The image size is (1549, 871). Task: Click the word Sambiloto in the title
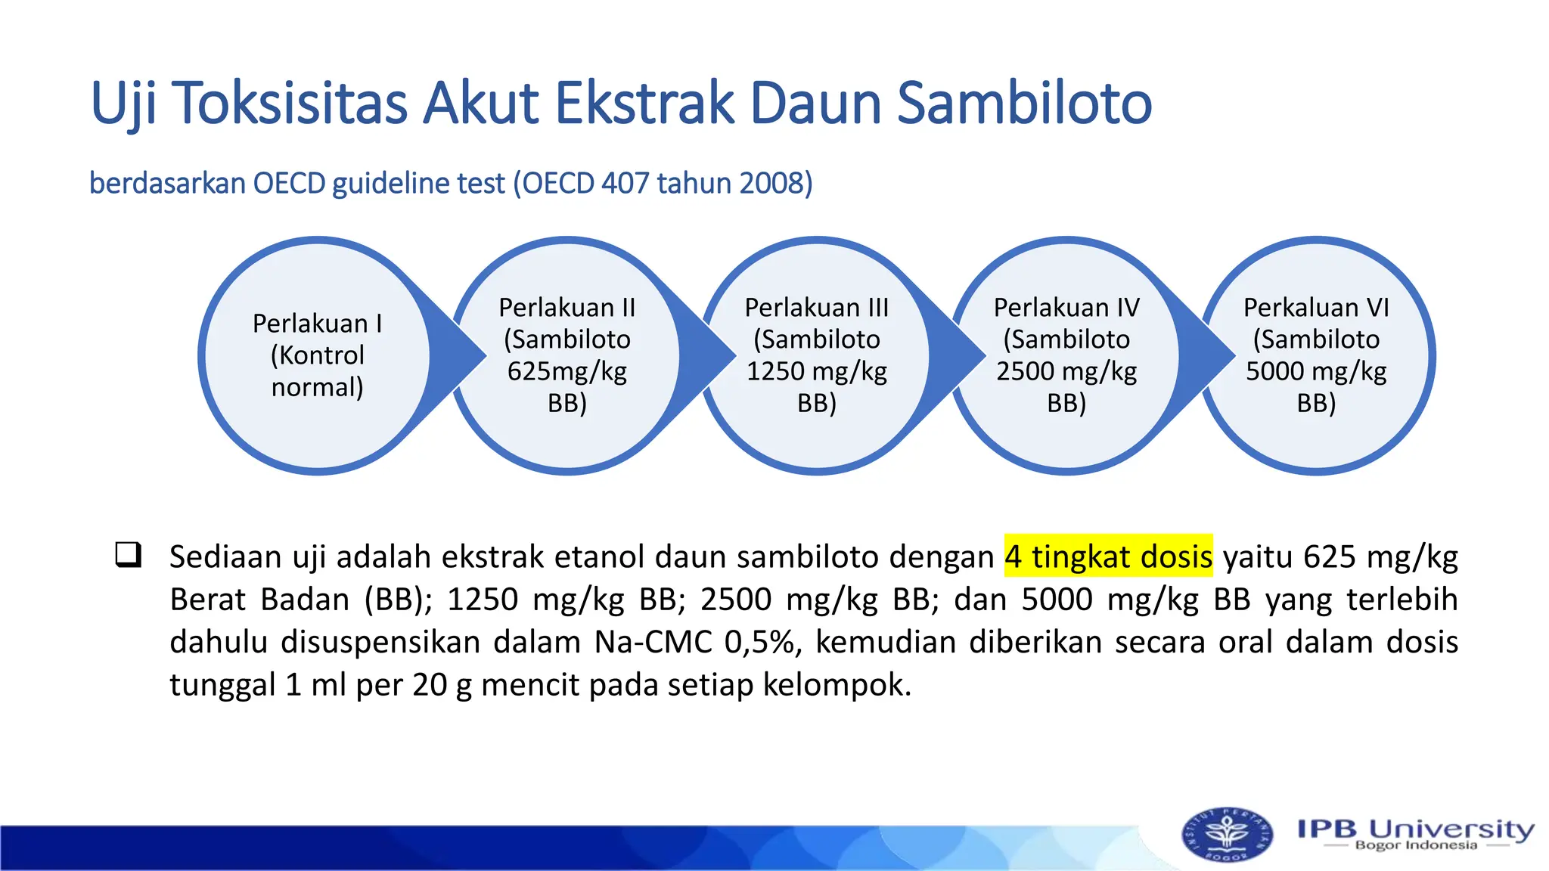click(1024, 104)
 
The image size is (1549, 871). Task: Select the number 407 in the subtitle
click(625, 184)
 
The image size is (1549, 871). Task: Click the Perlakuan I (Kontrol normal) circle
click(318, 355)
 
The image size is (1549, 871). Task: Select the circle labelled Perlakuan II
click(567, 355)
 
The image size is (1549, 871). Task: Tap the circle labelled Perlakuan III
click(817, 355)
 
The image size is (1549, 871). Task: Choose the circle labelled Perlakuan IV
click(1066, 355)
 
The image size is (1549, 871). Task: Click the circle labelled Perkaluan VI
click(1316, 355)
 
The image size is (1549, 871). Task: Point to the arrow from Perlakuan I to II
click(458, 355)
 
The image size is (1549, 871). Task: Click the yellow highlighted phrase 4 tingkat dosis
click(1108, 557)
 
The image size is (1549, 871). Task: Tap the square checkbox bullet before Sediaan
click(128, 555)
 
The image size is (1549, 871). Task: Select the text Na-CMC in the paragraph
click(653, 643)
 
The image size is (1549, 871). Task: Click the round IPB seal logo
click(1226, 835)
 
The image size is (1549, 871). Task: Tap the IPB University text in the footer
click(1415, 828)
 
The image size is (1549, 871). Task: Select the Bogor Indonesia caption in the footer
click(1415, 845)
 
